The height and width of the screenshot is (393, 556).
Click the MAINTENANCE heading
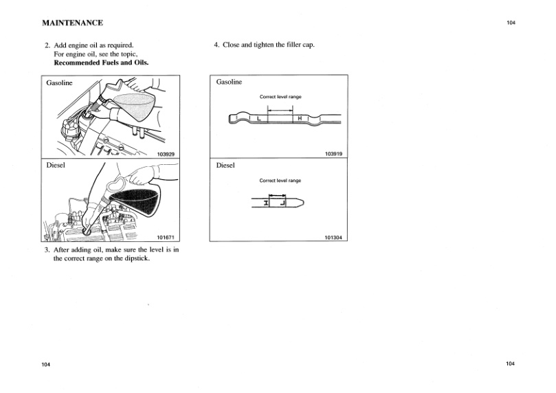coord(73,23)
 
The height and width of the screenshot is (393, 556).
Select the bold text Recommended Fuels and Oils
coord(101,63)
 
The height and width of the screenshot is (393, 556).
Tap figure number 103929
coord(166,155)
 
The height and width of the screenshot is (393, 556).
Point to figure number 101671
coord(166,237)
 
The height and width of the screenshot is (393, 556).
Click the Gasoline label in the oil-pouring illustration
coord(59,83)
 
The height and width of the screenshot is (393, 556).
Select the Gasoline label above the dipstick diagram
coord(229,82)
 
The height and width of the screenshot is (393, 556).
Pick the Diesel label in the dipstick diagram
coord(225,166)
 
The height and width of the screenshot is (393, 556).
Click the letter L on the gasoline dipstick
coord(258,119)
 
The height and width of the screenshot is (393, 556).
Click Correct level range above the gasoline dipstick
coord(280,97)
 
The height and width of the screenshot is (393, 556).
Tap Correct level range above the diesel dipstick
coord(280,181)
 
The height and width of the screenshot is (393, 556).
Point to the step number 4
coord(216,45)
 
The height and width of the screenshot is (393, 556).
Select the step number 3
coord(47,250)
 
